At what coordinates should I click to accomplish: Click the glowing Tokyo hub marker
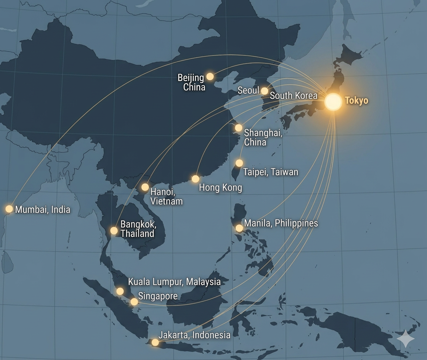click(x=333, y=102)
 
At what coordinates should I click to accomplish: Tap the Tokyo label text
click(x=356, y=101)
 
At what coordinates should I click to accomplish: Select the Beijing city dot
click(x=210, y=76)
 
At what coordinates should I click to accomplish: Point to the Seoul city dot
click(x=265, y=91)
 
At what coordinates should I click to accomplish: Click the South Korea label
click(x=294, y=95)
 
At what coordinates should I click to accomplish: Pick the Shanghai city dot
click(x=238, y=128)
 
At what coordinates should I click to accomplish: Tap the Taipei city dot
click(x=239, y=163)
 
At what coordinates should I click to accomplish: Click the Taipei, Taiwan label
click(x=271, y=172)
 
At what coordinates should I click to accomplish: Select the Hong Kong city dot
click(x=196, y=179)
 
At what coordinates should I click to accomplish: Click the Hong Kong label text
click(x=220, y=188)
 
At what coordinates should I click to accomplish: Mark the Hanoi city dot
click(x=145, y=187)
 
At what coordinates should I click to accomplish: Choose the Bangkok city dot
click(x=114, y=230)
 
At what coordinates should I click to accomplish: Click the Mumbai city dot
click(x=9, y=209)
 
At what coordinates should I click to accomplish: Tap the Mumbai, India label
click(x=43, y=209)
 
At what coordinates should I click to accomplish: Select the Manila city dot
click(x=239, y=228)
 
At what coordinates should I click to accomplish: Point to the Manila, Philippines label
click(x=281, y=223)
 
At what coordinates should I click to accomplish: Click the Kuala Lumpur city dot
click(x=120, y=291)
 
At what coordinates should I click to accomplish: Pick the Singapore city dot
click(x=134, y=302)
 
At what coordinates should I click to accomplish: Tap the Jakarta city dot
click(x=155, y=342)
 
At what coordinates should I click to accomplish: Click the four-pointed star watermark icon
click(x=405, y=339)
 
